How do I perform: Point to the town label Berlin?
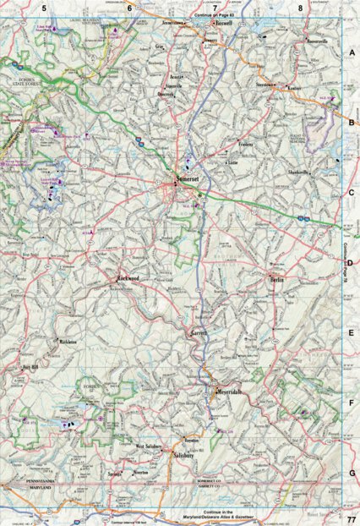coord(276,279)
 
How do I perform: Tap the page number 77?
coord(350,517)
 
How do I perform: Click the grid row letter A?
coord(351,52)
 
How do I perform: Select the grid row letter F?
coord(351,403)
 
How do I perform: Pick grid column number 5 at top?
coord(45,8)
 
